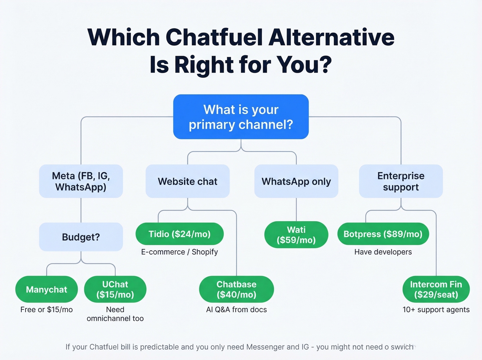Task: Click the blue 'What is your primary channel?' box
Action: (x=241, y=117)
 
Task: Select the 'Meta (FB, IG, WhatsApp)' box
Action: (x=81, y=181)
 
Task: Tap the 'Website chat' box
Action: (x=188, y=181)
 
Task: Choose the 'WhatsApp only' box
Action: (x=296, y=181)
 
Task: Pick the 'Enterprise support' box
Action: (x=401, y=181)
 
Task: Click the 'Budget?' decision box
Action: (x=81, y=237)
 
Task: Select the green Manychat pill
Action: (x=46, y=289)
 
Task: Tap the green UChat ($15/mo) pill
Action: (x=115, y=289)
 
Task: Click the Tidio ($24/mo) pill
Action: (x=179, y=234)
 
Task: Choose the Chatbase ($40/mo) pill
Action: (x=237, y=289)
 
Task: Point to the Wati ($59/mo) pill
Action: (x=296, y=235)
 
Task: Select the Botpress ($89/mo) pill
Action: (x=383, y=234)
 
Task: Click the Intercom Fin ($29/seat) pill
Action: (x=436, y=289)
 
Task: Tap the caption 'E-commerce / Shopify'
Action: (x=179, y=252)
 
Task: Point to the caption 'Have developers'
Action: (x=383, y=252)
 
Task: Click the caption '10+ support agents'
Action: (x=436, y=309)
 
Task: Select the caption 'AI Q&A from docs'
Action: (x=237, y=309)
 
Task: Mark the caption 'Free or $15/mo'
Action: (x=46, y=309)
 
